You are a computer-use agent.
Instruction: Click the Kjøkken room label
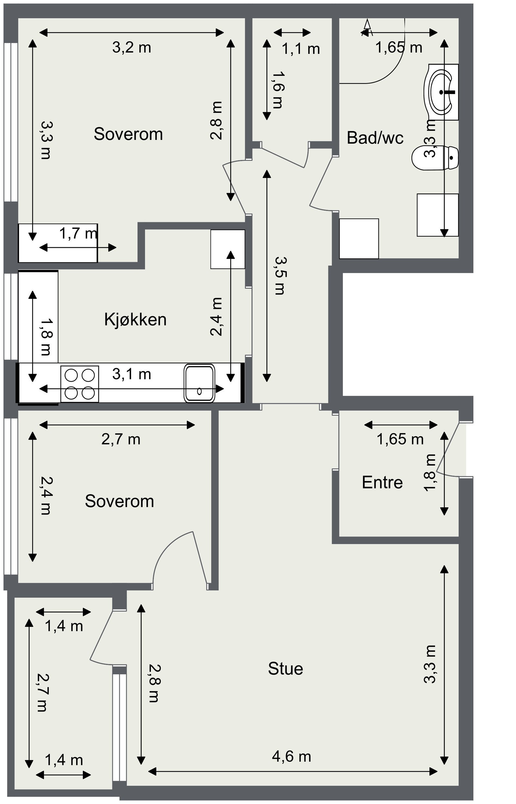click(135, 320)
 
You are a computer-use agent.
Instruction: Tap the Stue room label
click(285, 669)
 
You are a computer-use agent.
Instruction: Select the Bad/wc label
click(375, 138)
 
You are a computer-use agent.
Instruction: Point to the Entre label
click(382, 483)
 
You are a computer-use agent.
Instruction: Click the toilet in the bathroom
click(435, 158)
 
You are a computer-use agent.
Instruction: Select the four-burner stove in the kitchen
click(80, 384)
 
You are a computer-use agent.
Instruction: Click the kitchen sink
click(199, 383)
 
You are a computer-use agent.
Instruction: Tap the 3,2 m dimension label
click(132, 48)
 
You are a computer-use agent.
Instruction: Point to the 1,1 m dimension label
click(301, 49)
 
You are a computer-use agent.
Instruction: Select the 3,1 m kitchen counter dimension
click(132, 374)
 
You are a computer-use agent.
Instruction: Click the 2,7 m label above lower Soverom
click(121, 439)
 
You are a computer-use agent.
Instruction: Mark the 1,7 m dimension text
click(78, 233)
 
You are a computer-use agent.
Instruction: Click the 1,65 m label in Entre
click(401, 439)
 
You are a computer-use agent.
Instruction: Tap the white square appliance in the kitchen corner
click(228, 249)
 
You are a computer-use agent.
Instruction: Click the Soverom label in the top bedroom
click(128, 134)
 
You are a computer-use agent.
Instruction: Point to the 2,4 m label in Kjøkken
click(216, 317)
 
